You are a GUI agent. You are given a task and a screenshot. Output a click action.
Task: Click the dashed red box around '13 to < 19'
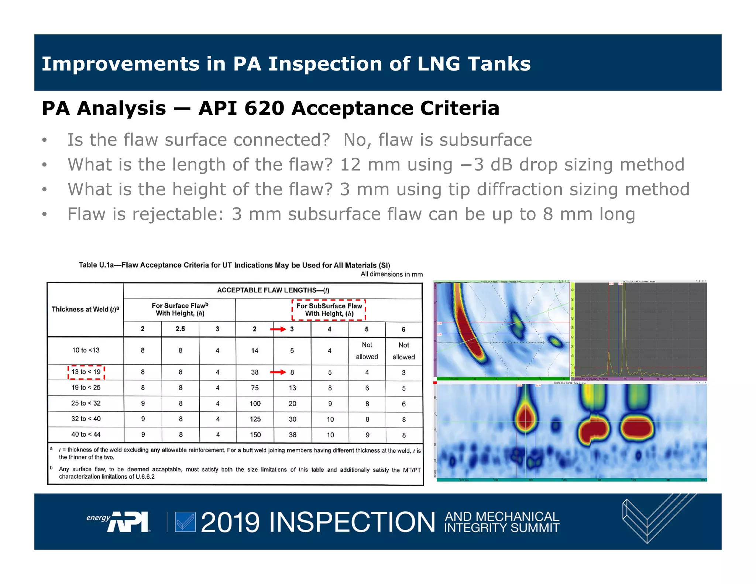tap(86, 372)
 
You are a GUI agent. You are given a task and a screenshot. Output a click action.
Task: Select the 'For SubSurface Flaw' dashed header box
tap(329, 310)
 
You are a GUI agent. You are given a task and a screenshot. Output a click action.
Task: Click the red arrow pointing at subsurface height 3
tap(278, 329)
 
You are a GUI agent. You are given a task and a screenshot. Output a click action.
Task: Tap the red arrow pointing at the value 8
tap(278, 372)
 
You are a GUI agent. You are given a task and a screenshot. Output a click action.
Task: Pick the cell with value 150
tap(255, 435)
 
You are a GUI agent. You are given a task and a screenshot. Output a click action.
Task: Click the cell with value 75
tap(255, 388)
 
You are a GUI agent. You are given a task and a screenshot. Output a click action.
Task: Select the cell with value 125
tap(255, 419)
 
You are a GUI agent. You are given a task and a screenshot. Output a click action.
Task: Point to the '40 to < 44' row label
tap(86, 434)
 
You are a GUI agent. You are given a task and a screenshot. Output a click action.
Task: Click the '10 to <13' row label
tap(86, 350)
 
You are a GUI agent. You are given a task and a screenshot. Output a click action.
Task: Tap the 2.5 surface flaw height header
tap(180, 329)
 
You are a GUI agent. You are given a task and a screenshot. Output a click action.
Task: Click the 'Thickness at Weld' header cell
tap(85, 309)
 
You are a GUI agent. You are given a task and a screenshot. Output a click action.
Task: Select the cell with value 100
tap(255, 403)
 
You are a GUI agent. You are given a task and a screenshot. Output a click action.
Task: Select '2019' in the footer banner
tap(230, 522)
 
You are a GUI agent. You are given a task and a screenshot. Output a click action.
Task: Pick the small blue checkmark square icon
tap(185, 522)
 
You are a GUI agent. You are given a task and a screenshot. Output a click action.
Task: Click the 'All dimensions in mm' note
tap(391, 274)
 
